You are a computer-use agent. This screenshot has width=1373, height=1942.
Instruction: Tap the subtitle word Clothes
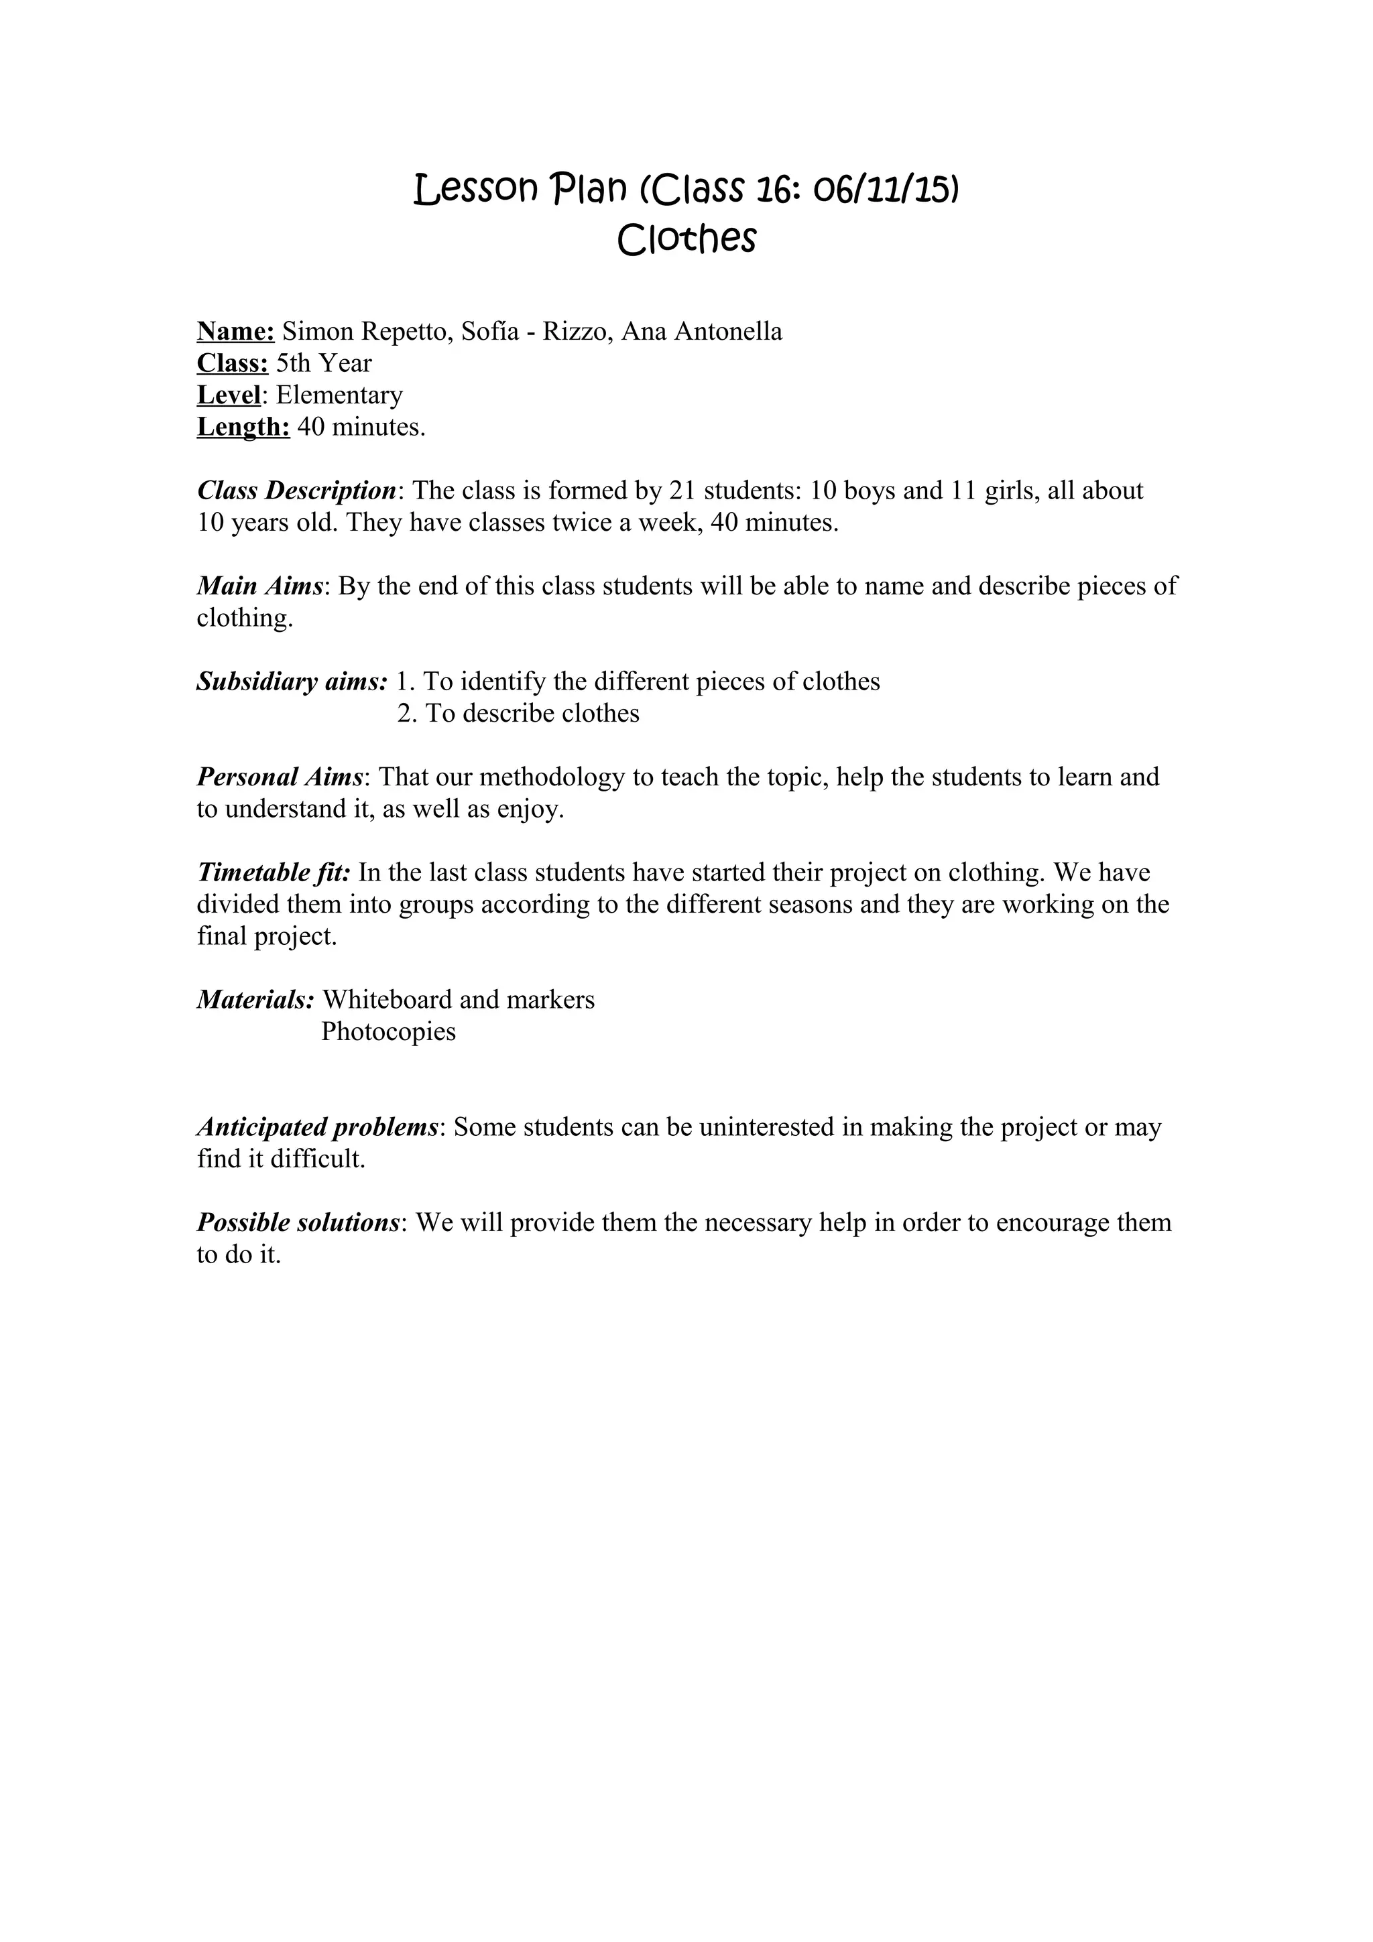coord(686,239)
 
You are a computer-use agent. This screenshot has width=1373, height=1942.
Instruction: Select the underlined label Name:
coord(235,332)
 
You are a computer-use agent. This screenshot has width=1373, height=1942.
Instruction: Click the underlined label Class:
coord(233,364)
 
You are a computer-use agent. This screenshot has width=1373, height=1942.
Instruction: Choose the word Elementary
coord(339,395)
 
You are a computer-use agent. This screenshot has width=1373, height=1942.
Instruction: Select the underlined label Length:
coord(243,427)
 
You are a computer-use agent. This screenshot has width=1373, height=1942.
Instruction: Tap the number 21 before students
coord(682,491)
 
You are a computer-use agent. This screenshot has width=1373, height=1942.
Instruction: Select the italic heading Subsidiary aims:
coord(292,682)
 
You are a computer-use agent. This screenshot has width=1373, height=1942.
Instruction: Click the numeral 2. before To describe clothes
coord(408,714)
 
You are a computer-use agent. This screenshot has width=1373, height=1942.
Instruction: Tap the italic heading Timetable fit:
coord(274,873)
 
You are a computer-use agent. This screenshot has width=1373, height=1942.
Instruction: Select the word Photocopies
coord(388,1032)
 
